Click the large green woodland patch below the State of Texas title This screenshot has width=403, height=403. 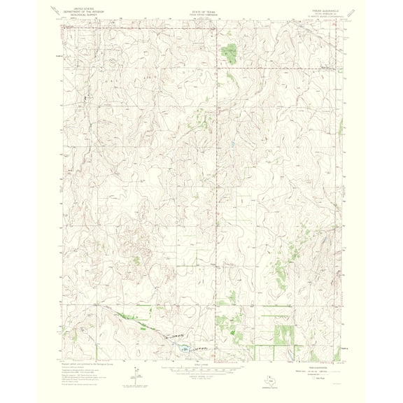(x=229, y=50)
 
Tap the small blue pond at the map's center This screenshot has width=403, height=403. (x=232, y=145)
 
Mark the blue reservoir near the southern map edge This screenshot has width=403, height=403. (x=181, y=348)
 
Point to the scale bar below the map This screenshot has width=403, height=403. (x=201, y=366)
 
